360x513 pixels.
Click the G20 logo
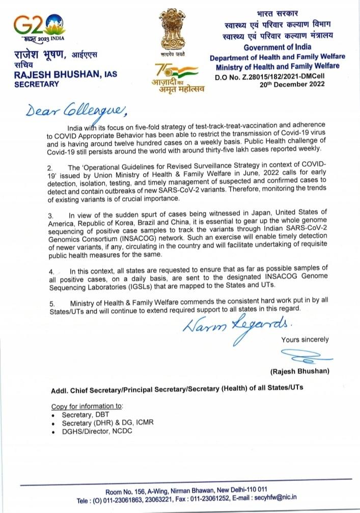38,26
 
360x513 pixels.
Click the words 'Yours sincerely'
304,339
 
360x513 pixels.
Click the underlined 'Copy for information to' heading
87,407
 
